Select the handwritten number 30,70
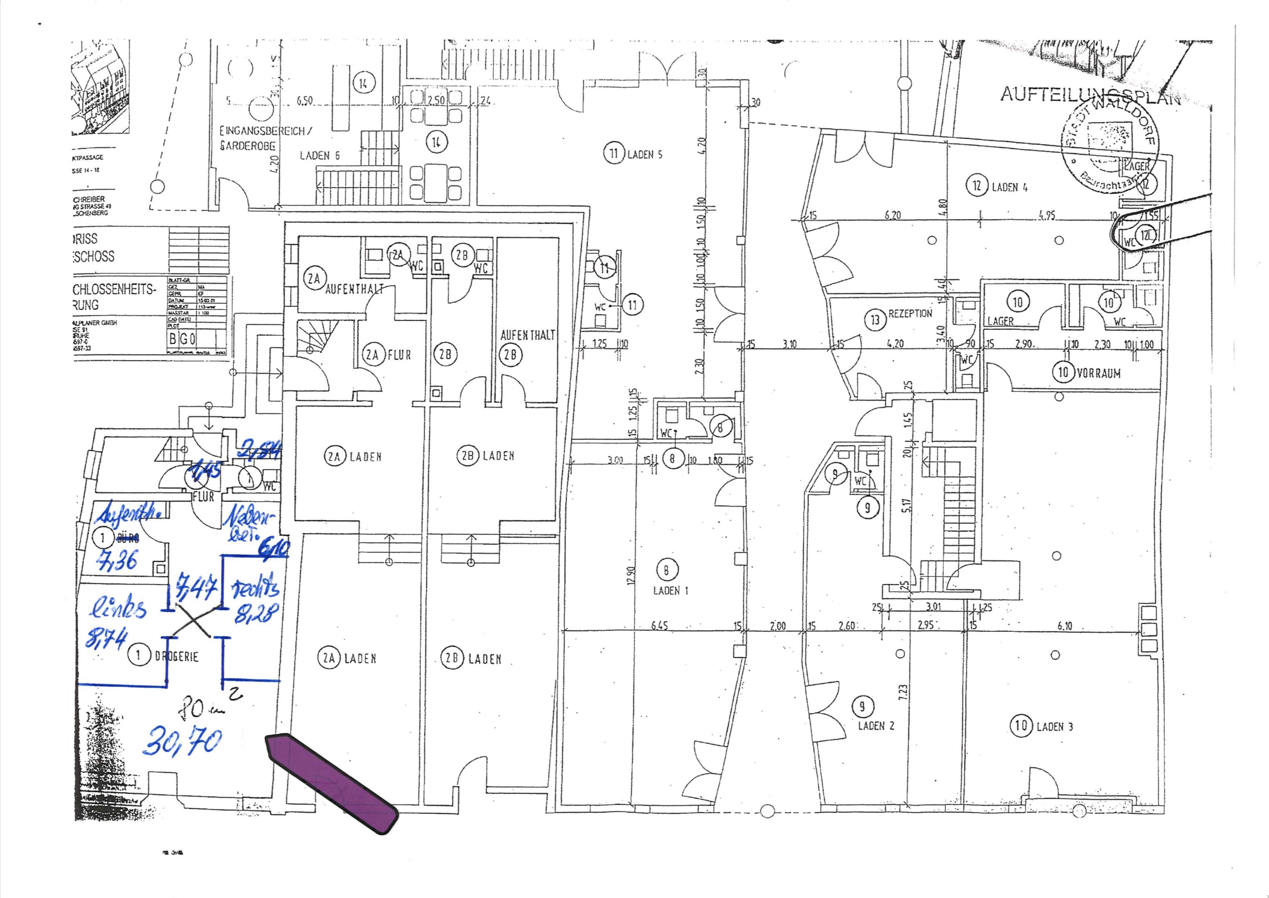pos(182,742)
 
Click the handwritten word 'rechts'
pos(255,588)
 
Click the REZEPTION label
pos(910,314)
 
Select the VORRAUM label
pos(1099,373)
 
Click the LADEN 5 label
pos(644,155)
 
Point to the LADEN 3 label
pos(1054,727)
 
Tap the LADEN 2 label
pos(875,726)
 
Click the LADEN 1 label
pos(671,591)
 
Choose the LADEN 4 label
pos(1010,188)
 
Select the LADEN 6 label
pos(320,156)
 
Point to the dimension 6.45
pos(659,626)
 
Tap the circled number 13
pos(875,320)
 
